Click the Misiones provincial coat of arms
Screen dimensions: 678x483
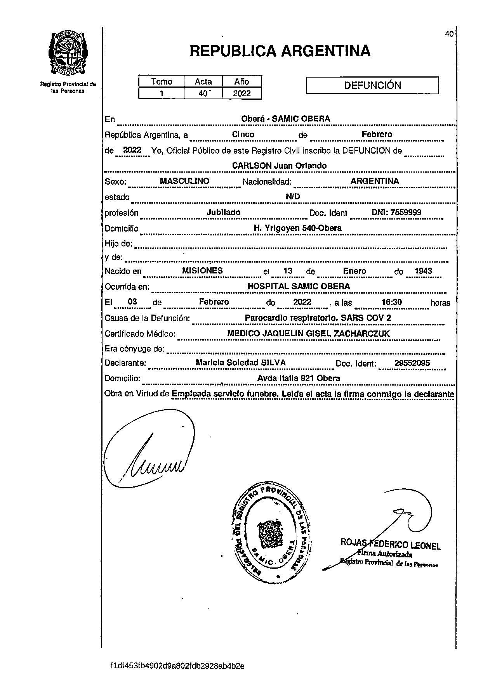(x=68, y=54)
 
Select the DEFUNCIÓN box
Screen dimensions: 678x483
(x=372, y=85)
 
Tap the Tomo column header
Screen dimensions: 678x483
(x=162, y=81)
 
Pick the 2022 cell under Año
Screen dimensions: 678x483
(x=242, y=93)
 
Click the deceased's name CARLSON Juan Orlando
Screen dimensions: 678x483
(x=279, y=166)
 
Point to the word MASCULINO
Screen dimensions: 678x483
(x=184, y=181)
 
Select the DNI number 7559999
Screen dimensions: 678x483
(x=405, y=212)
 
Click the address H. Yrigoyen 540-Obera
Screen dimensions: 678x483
(x=297, y=228)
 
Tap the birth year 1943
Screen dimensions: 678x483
(x=423, y=271)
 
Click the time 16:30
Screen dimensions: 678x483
(x=391, y=302)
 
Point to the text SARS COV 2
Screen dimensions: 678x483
(x=366, y=318)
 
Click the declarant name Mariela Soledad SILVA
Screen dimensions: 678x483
(x=241, y=363)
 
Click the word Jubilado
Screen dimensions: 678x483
(x=223, y=212)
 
